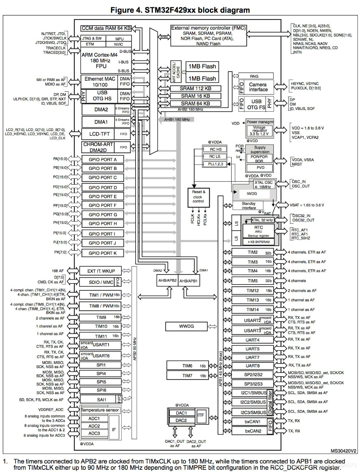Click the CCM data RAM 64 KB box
click(106, 28)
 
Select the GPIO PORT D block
click(102, 187)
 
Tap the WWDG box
click(186, 326)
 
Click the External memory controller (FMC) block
click(208, 35)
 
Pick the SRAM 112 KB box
click(195, 89)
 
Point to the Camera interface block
click(258, 87)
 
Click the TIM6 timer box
click(187, 366)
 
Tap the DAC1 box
click(181, 413)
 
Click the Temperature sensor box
click(100, 410)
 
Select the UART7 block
click(252, 357)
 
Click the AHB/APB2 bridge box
click(167, 281)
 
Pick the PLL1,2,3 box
click(215, 164)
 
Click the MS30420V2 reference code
click(343, 451)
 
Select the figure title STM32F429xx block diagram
click(180, 10)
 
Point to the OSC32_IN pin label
click(301, 216)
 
